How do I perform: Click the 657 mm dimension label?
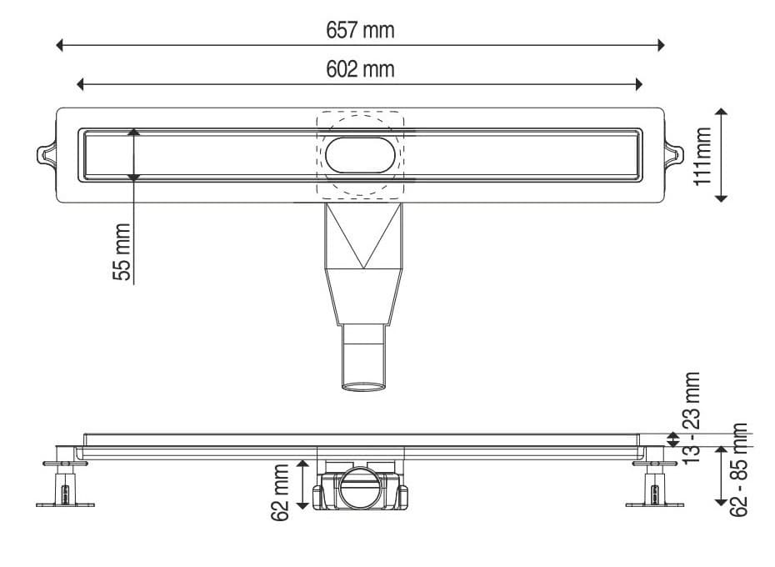tap(360, 30)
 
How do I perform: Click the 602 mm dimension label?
tap(360, 69)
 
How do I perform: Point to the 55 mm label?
tap(122, 252)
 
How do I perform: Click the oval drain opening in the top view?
tap(360, 154)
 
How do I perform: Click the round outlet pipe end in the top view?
tap(363, 385)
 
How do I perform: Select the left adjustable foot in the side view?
tap(63, 484)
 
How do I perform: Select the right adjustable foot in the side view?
tap(654, 484)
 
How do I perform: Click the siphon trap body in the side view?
tap(360, 488)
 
